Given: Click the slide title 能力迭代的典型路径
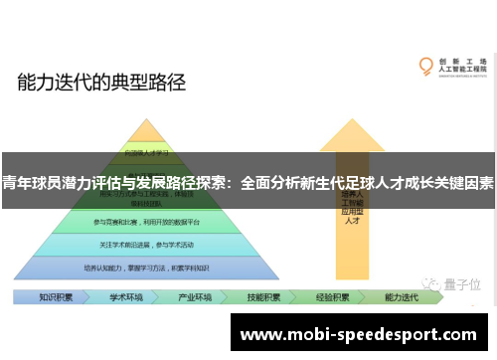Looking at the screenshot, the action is click(101, 83).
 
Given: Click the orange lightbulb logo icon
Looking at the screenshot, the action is click(426, 68).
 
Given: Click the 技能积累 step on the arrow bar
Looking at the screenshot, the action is click(263, 296).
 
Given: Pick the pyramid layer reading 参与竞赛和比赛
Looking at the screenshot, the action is click(146, 221).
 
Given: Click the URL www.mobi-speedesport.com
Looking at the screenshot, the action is click(361, 333).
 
